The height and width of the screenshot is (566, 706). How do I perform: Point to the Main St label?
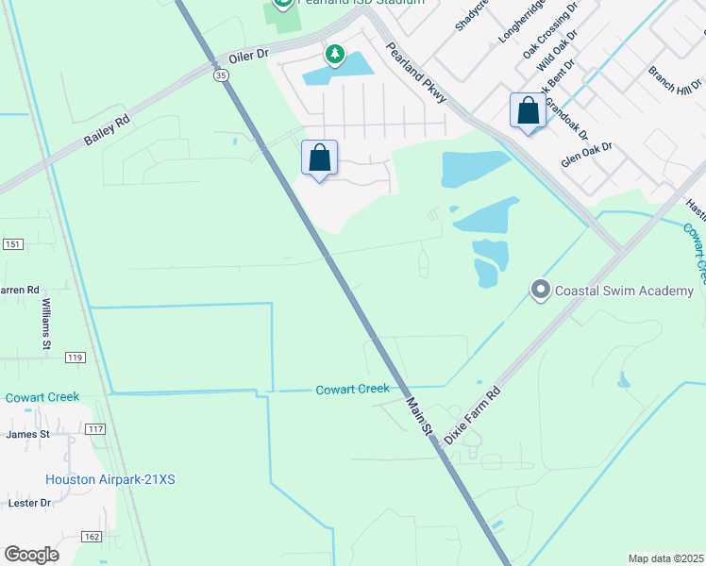click(419, 416)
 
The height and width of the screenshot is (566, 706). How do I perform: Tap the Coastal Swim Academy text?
click(624, 291)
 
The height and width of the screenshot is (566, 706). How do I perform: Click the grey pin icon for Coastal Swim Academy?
click(540, 290)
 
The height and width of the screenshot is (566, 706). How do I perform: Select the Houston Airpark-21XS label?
click(110, 479)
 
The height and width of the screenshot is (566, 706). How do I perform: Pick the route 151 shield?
click(11, 244)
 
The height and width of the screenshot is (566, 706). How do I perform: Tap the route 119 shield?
click(76, 358)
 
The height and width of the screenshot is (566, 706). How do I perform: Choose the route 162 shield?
click(90, 536)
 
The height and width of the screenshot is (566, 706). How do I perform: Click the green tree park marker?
click(334, 55)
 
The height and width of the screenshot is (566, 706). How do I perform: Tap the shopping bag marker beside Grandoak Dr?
click(529, 110)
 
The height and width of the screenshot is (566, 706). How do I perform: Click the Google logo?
click(31, 554)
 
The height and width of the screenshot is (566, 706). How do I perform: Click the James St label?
click(27, 434)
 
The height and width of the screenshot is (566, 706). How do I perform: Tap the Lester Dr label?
click(28, 503)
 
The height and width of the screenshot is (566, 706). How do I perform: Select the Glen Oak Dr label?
click(586, 155)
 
